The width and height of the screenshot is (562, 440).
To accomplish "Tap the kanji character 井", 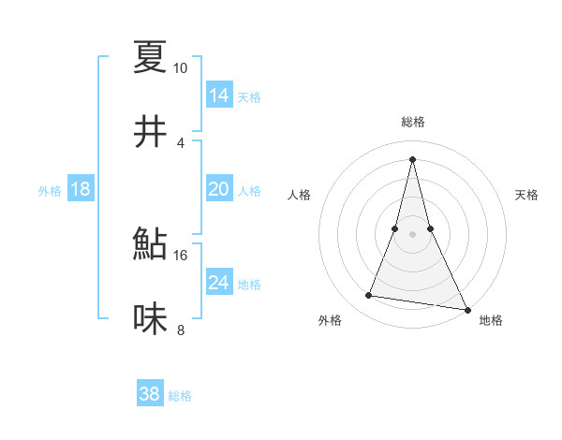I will pos(151,133).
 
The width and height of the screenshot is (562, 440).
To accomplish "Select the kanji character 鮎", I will pos(151,244).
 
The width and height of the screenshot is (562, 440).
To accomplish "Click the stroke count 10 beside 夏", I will pos(180,68).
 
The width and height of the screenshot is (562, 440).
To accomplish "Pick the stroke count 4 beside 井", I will pos(181,143).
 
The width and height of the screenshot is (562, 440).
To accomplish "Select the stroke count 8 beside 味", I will pos(181,330).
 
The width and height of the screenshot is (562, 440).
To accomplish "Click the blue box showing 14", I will pos(219,95).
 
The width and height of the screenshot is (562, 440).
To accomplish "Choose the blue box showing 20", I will pos(219,189).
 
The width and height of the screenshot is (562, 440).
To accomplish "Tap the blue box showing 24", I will pos(219,283).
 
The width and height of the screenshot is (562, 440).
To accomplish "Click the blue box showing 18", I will pos(81,189).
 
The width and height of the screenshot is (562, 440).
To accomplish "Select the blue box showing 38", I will pos(150,394).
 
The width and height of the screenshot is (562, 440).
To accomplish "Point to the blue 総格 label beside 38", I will pos(180,396).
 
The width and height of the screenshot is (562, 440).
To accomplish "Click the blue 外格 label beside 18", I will pos(50,190).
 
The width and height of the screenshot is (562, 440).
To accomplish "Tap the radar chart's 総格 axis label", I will pos(412,122).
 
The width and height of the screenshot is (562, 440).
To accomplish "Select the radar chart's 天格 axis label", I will pos(527,195).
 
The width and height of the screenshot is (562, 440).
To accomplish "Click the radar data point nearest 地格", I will pos(466,309).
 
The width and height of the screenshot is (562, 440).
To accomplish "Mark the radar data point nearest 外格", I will pos(368,296).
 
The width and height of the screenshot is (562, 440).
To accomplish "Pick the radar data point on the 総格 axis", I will pos(412,159).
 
